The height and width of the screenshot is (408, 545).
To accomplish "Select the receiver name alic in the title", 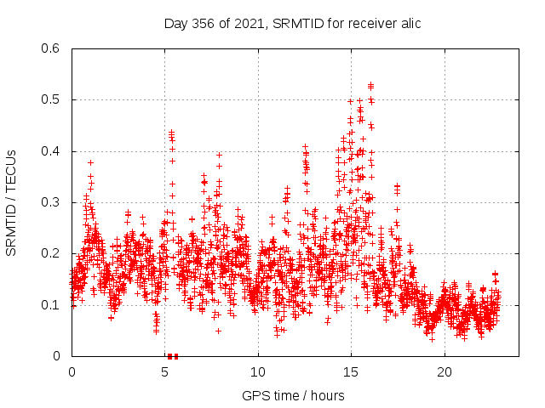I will coord(409,23).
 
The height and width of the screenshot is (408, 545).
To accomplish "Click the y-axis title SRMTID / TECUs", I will coord(11,202).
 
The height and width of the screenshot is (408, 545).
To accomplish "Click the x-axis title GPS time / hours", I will coord(293,395).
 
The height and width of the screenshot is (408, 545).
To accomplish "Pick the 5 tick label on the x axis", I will coord(165,372).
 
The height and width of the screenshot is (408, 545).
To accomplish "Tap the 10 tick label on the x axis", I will coord(258,372).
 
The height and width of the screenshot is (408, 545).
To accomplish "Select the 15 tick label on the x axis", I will coord(351,372).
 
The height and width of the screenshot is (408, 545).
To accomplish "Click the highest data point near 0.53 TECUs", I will coord(370,85).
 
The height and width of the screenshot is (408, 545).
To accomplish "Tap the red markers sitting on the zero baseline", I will coord(173,355).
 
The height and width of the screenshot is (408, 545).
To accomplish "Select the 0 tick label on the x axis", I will coord(72,372).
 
